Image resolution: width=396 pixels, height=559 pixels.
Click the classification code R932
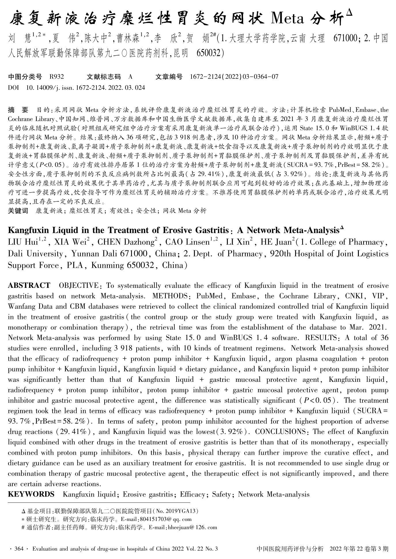pyautogui.click(x=56, y=77)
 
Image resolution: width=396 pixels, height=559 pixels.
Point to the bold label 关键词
pyautogui.click(x=18, y=211)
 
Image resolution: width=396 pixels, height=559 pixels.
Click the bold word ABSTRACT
pyautogui.click(x=29, y=286)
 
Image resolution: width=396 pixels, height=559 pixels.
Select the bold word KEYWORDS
pyautogui.click(x=31, y=494)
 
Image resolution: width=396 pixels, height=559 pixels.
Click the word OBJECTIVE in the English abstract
pyautogui.click(x=78, y=286)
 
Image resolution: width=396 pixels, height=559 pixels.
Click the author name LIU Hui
pyautogui.click(x=23, y=242)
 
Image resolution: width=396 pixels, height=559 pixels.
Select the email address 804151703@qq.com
pyautogui.click(x=165, y=519)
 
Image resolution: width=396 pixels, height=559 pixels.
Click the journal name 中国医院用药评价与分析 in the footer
pyautogui.click(x=290, y=549)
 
